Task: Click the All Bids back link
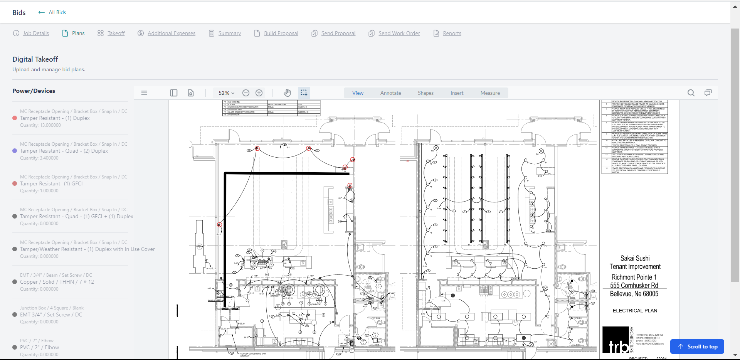coord(52,12)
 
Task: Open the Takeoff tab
coord(116,33)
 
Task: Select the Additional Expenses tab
coord(171,33)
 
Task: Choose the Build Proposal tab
coord(281,33)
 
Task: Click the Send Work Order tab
coord(399,33)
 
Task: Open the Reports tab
coord(452,33)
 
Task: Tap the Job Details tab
coord(35,33)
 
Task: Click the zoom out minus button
coord(246,93)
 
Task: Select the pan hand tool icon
coord(287,93)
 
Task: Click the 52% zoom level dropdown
coord(226,93)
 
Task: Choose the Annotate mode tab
coord(390,93)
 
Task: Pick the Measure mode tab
coord(490,93)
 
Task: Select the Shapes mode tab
coord(425,93)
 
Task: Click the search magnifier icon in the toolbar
coord(691,93)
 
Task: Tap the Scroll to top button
coord(697,347)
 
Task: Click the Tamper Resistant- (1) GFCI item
coord(51,183)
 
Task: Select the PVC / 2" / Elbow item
coord(39,347)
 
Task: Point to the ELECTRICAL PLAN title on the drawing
coord(635,311)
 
